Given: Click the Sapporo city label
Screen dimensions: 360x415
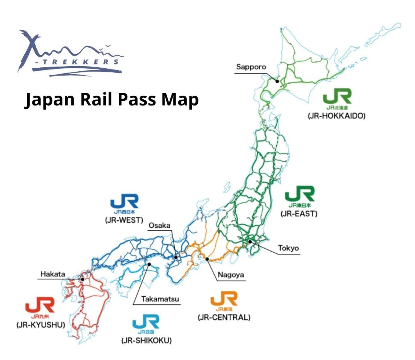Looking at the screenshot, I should (251, 67).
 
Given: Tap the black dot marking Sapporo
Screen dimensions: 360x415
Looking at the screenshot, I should (277, 81).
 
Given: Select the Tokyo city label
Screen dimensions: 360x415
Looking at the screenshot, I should (288, 248).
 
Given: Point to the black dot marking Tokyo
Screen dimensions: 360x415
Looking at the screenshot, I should (250, 241).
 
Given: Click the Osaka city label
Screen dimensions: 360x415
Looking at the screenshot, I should (159, 226).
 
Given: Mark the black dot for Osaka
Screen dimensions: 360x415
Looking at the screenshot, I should (175, 257).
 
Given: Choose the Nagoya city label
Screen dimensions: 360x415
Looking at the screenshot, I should (230, 275).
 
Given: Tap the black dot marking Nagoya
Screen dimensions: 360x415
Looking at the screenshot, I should (207, 259).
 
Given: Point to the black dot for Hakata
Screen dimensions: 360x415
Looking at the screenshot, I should (83, 279).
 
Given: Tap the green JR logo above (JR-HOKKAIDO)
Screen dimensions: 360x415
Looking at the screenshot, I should (337, 96).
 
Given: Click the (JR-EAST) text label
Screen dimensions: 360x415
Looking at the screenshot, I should (299, 214).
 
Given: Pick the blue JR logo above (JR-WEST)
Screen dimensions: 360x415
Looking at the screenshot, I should (125, 202).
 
